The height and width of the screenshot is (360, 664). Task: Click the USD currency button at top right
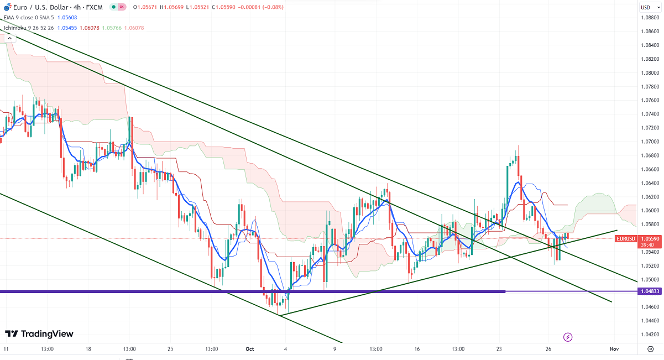645,7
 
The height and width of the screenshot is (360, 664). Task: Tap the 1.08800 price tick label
650,18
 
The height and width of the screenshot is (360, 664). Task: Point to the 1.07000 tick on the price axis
650,142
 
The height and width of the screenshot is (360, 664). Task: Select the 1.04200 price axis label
650,335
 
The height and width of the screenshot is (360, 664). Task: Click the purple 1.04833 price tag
650,291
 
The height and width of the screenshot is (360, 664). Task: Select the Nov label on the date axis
613,349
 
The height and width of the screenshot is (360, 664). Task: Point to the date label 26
548,349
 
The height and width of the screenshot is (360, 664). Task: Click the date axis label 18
88,349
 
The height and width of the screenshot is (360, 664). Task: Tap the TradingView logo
39,333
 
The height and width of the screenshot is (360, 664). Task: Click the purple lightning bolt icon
567,337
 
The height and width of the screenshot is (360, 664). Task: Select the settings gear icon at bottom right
650,349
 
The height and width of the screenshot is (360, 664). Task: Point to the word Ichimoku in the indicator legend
14,27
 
